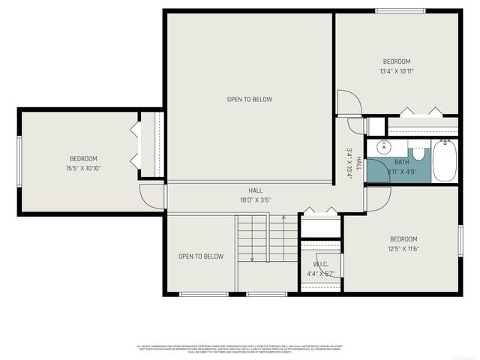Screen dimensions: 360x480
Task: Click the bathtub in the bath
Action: [444, 161]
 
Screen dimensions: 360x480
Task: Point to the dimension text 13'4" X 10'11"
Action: [397, 71]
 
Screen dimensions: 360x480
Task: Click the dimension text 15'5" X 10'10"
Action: [83, 168]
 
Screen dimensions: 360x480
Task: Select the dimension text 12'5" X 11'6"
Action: [403, 248]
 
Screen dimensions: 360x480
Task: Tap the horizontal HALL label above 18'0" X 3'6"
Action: [256, 190]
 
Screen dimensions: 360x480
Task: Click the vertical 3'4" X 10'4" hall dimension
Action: [349, 162]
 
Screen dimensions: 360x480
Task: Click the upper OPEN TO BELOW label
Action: [250, 99]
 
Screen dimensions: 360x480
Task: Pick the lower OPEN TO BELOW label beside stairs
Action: [200, 256]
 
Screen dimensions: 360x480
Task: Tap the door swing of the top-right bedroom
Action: [349, 104]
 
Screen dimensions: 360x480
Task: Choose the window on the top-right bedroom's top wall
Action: [400, 10]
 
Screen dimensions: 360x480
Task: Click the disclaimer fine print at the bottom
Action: [240, 349]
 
